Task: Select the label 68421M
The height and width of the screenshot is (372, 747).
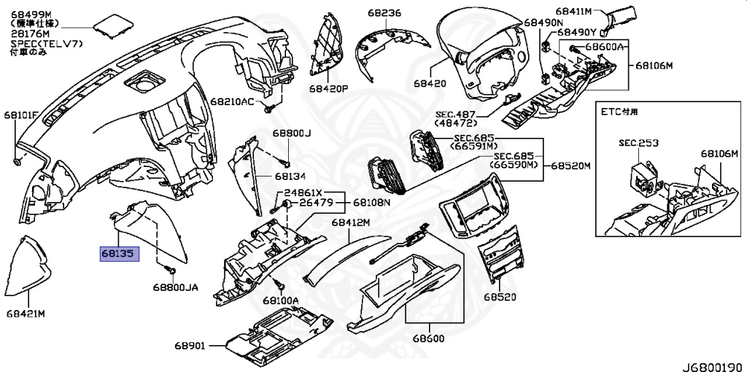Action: pyautogui.click(x=26, y=314)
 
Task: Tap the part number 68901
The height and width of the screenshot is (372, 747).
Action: pyautogui.click(x=190, y=345)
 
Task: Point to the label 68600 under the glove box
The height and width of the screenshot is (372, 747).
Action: pyautogui.click(x=427, y=339)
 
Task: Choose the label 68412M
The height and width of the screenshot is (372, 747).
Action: pyautogui.click(x=352, y=222)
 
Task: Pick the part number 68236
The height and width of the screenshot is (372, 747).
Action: pyautogui.click(x=384, y=13)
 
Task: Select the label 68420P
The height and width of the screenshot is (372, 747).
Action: pyautogui.click(x=328, y=88)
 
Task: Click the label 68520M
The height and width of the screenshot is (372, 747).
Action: pyautogui.click(x=570, y=166)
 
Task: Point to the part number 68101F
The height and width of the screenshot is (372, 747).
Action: pyautogui.click(x=22, y=115)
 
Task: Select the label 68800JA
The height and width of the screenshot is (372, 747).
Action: pyautogui.click(x=175, y=288)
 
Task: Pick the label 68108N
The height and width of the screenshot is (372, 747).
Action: pyautogui.click(x=372, y=202)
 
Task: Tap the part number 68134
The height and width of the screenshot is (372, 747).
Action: pyautogui.click(x=290, y=177)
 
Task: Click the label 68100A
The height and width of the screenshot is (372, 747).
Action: pyautogui.click(x=281, y=300)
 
